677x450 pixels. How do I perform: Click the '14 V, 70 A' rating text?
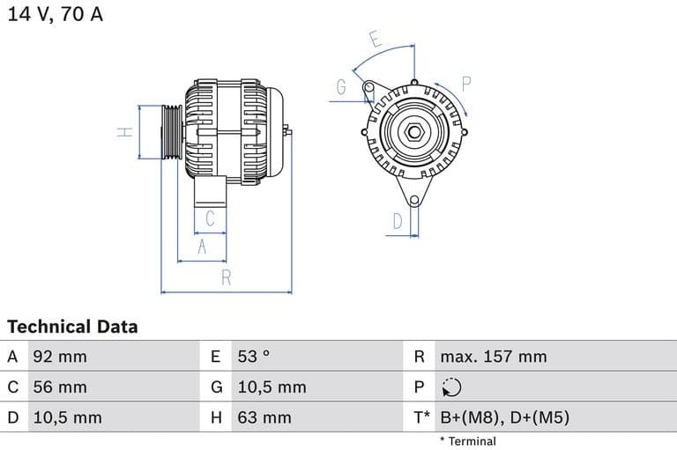[56, 15]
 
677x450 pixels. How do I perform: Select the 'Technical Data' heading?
[72, 327]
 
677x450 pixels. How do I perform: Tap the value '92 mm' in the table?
[59, 357]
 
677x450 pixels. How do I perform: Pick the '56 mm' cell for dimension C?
[59, 387]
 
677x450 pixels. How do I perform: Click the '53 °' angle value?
[253, 357]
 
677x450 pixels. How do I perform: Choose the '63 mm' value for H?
[264, 417]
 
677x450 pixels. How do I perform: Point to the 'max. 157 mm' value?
[493, 357]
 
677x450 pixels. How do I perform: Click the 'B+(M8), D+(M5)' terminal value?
[504, 417]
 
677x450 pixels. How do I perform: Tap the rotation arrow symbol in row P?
[450, 387]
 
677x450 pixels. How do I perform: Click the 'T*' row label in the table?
[421, 417]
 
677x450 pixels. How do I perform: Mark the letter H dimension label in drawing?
[125, 132]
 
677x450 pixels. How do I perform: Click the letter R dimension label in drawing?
[227, 277]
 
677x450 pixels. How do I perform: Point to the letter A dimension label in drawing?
[202, 247]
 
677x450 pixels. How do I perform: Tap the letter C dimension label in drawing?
[210, 218]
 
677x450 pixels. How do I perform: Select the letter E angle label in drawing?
[375, 40]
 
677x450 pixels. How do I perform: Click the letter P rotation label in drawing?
[467, 84]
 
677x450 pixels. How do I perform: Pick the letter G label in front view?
[341, 87]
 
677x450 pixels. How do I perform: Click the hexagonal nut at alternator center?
[413, 133]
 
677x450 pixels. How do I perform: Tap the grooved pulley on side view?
[170, 132]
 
